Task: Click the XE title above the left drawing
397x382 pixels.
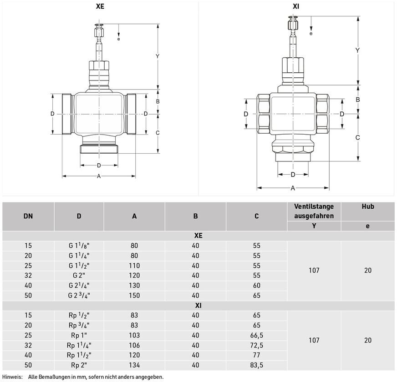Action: (100, 6)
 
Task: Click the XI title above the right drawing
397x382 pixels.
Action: (296, 6)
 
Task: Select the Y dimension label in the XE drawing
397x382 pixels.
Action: (158, 56)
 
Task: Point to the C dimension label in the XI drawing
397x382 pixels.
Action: (357, 138)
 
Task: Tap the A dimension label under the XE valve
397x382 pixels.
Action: (99, 176)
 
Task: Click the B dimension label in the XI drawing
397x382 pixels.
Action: (357, 100)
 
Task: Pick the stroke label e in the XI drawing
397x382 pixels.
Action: (311, 33)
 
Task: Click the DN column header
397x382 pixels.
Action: (28, 216)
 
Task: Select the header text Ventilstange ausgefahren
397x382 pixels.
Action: (314, 211)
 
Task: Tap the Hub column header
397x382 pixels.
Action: (367, 206)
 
